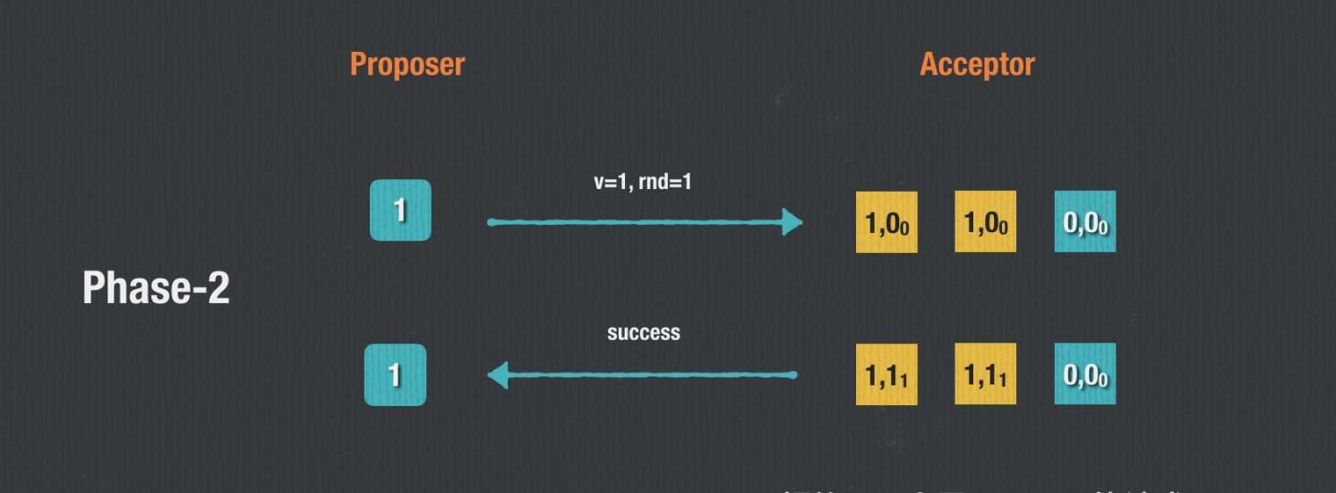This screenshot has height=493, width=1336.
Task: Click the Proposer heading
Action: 407,65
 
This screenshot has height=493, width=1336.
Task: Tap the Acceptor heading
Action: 977,65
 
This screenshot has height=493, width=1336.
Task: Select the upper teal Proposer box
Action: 400,211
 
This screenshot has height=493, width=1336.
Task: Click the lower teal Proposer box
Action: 395,375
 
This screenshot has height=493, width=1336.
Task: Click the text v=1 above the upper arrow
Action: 613,182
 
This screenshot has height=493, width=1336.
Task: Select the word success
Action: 644,333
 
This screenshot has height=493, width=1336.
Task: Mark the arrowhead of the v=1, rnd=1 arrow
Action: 792,222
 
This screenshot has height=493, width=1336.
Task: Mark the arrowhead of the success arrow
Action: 499,375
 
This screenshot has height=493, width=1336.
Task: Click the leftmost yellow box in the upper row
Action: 886,222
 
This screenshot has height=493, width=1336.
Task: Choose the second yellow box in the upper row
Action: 985,221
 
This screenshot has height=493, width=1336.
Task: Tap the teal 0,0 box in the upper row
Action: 1084,221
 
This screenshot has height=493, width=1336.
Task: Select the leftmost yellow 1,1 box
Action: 886,375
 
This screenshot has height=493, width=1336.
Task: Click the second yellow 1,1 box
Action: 985,374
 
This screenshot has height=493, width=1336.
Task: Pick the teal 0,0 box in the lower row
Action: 1084,374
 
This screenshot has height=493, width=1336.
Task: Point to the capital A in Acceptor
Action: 928,65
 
